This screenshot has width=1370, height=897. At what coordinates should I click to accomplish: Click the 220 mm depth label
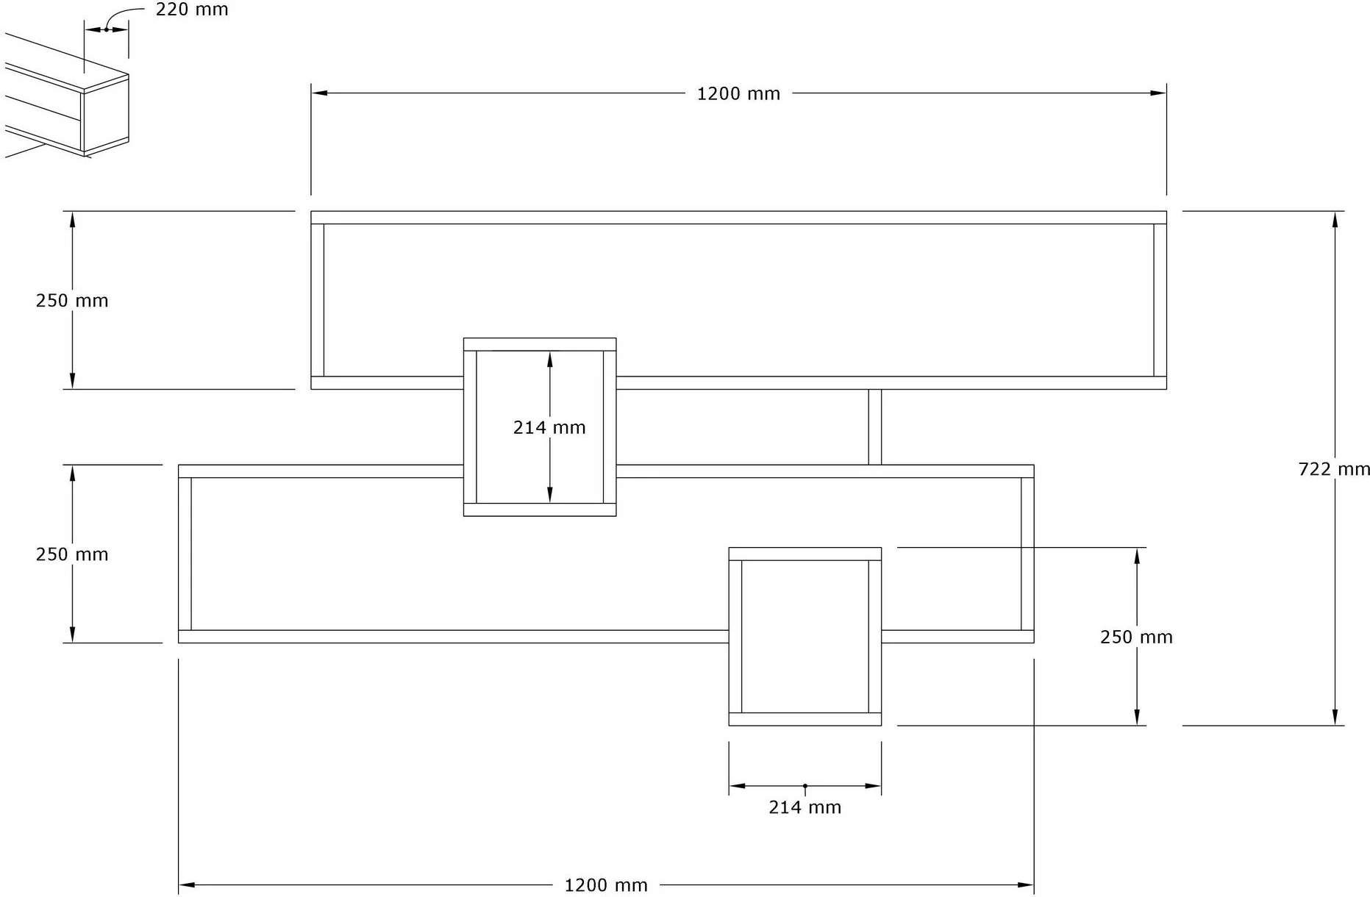(x=192, y=10)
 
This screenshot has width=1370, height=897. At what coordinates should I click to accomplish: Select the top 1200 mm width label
(x=738, y=94)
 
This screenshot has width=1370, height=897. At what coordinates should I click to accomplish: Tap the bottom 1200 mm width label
(x=606, y=885)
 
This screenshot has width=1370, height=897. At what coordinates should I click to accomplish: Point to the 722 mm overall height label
(x=1334, y=469)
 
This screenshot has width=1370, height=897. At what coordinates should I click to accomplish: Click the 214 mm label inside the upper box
(x=549, y=427)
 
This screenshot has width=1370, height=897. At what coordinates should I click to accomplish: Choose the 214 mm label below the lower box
(x=804, y=807)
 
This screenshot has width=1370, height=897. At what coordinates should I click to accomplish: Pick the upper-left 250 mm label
(x=72, y=301)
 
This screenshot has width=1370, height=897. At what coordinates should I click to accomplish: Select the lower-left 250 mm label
(x=72, y=554)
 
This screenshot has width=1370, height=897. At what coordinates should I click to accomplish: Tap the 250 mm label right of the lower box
(x=1136, y=637)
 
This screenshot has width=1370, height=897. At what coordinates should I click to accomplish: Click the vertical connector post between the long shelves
(x=874, y=427)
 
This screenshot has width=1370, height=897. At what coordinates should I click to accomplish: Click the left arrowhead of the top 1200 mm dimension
(x=319, y=93)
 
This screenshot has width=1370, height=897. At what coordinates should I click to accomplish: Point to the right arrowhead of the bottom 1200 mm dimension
(x=1026, y=885)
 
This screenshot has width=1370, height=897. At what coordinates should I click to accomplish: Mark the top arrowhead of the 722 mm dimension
(x=1335, y=219)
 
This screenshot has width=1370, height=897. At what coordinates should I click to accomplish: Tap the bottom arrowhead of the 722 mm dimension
(x=1335, y=718)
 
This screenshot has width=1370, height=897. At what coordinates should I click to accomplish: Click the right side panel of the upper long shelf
(x=1160, y=300)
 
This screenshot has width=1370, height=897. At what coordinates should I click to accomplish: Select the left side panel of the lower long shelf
(x=185, y=554)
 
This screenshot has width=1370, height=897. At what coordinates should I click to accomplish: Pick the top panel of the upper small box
(x=540, y=345)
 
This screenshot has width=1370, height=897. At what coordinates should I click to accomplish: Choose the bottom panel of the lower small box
(x=804, y=719)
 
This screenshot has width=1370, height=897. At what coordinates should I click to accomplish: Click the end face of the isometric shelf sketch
(x=106, y=115)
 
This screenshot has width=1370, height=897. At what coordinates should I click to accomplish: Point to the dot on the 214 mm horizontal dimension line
(x=804, y=786)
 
